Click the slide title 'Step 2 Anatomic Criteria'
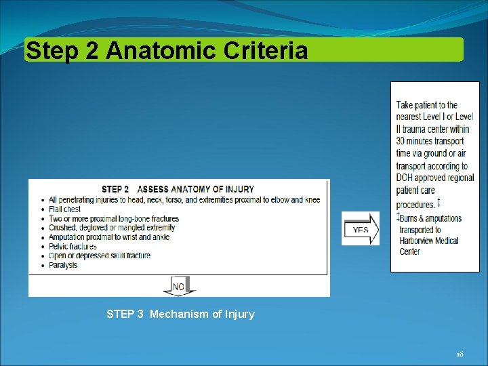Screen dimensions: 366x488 [x=166, y=51]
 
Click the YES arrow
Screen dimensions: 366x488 [x=361, y=229]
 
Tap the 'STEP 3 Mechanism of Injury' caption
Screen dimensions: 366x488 [x=180, y=314]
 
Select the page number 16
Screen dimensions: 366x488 [x=460, y=354]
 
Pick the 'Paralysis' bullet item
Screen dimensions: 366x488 [x=63, y=265]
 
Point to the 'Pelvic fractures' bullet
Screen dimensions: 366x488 [x=73, y=247]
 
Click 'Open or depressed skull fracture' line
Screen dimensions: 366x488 [x=100, y=256]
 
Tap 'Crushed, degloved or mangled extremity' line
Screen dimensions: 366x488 [x=112, y=228]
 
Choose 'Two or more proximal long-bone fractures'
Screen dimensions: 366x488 [x=114, y=219]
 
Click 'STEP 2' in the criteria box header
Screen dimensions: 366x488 [x=115, y=189]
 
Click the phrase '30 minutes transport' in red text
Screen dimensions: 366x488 [x=430, y=141]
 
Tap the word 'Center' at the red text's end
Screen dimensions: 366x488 [x=410, y=251]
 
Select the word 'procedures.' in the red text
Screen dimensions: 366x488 [x=415, y=204]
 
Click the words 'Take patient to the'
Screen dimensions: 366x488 [x=427, y=105]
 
